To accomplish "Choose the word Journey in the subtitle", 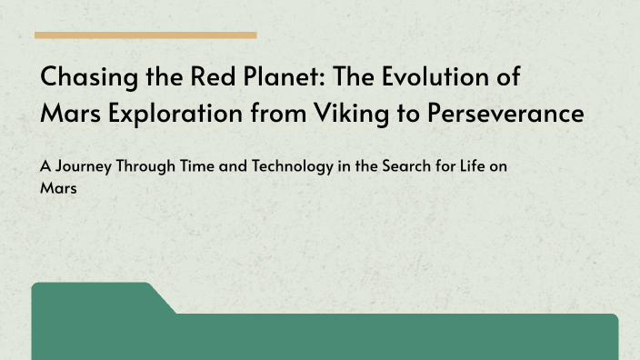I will pos(87,168).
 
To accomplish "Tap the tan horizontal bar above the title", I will pos(145,35).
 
